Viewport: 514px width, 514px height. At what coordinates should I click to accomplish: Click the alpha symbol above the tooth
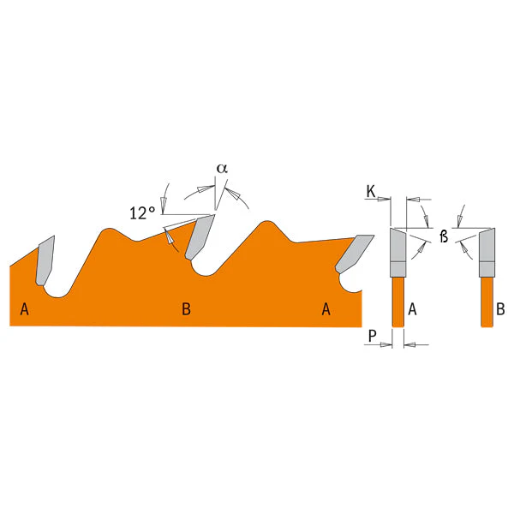point(222,169)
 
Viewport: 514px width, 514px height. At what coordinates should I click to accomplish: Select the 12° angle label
point(142,213)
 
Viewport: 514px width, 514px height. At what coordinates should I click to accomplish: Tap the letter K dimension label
point(371,191)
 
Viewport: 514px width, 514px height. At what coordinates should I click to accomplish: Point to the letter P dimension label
point(372,336)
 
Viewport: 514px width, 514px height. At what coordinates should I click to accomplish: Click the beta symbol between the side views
point(444,236)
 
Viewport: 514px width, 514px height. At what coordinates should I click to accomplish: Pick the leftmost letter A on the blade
point(25,309)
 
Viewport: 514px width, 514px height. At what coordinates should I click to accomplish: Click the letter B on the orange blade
point(186,309)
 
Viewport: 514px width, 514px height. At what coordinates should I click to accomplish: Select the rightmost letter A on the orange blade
point(326,309)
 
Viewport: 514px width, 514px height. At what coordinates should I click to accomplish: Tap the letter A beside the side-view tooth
point(412,309)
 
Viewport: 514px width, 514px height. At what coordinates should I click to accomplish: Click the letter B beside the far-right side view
point(500,309)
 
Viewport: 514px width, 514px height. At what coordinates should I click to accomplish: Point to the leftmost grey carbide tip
point(45,260)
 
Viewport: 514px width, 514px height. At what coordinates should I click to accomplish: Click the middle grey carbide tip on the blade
point(200,237)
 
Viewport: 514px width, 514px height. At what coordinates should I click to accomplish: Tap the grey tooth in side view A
point(398,253)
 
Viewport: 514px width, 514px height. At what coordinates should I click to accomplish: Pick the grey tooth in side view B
point(487,253)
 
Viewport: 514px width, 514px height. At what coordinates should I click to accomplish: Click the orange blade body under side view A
point(398,302)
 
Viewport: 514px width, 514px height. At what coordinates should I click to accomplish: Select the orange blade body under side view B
point(487,302)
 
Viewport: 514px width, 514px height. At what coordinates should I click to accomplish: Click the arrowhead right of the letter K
point(384,199)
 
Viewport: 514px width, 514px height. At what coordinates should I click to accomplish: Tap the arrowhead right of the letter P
point(385,344)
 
